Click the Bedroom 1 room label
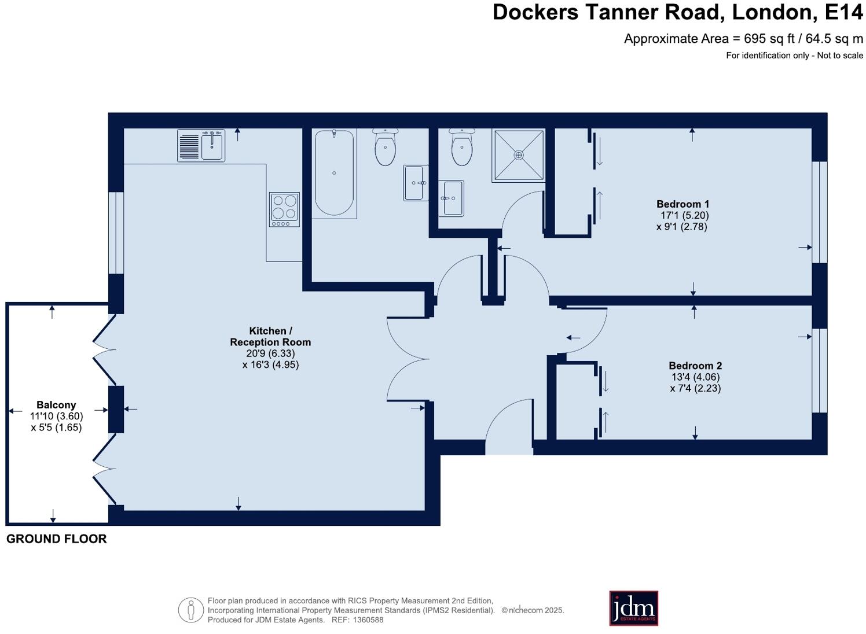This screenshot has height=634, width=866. tap(682, 204)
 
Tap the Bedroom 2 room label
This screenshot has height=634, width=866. tap(695, 366)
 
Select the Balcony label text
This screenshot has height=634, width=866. tap(56, 405)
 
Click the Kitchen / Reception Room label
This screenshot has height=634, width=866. tap(270, 337)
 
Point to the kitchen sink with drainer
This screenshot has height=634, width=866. tap(201, 145)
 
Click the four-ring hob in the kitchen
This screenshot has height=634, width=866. tap(284, 209)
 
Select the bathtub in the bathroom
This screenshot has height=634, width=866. tap(334, 173)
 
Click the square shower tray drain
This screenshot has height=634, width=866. tap(519, 155)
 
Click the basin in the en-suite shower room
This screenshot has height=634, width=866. tap(451, 198)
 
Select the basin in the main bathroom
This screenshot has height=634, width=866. tap(416, 183)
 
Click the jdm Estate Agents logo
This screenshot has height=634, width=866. tap(633, 608)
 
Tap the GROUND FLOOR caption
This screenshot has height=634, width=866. tap(56, 539)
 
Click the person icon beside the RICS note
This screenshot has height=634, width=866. tap(190, 610)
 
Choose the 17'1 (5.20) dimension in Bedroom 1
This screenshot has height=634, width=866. tap(684, 215)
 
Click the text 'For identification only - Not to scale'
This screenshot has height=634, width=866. tap(794, 56)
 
